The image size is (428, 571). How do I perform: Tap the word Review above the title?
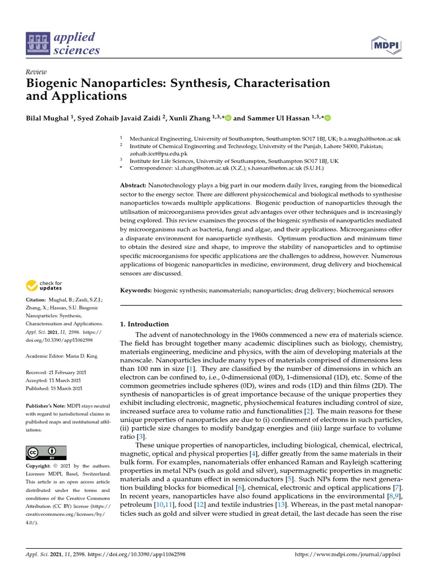point(36,72)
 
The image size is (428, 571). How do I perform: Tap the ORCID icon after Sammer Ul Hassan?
point(328,118)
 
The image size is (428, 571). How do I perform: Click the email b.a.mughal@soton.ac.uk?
point(370,138)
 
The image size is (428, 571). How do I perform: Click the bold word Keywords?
point(136,291)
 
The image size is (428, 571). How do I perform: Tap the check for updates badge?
point(45,285)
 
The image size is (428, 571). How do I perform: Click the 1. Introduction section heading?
point(144,324)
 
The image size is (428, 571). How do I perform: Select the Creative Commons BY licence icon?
point(46,452)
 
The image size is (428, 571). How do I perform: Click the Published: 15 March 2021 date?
point(55,388)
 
